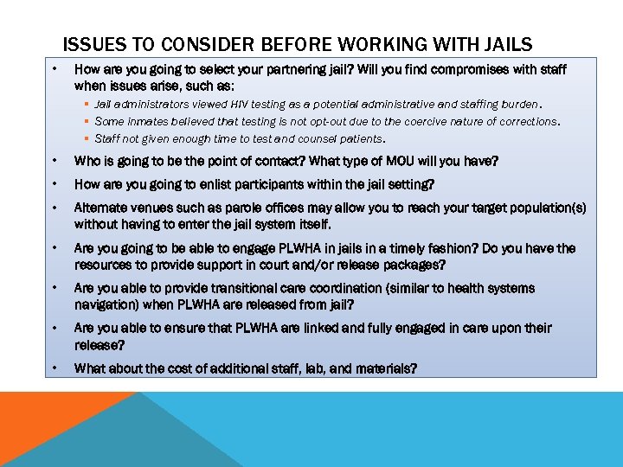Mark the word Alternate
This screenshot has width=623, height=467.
tap(100, 208)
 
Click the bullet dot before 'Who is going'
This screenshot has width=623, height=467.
tap(55, 162)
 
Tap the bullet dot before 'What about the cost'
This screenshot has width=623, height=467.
tap(55, 368)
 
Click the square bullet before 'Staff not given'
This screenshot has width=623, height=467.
tap(87, 138)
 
